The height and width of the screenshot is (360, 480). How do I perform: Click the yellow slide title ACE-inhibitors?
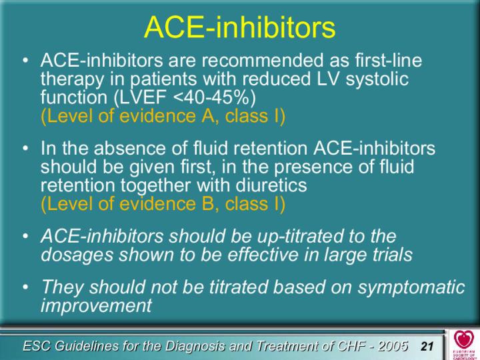coord(240,27)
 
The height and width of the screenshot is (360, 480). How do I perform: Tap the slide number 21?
coord(427,346)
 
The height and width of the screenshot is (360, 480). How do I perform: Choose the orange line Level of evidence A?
coord(163,116)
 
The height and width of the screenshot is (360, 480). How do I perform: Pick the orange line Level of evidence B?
coord(163,203)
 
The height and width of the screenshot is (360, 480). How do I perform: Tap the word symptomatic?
coord(411,287)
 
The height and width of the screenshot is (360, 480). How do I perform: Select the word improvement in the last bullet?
coord(96,305)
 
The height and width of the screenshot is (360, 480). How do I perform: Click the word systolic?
coord(377,79)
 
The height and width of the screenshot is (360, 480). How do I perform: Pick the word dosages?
coord(77,255)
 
